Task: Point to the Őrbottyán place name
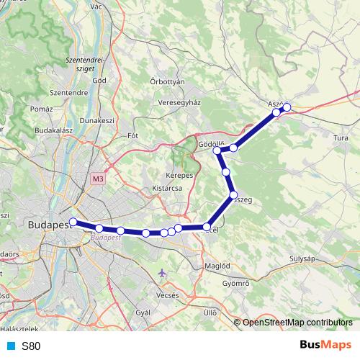(x=168, y=81)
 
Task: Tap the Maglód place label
(x=217, y=265)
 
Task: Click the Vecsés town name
(x=166, y=295)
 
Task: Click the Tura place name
(x=341, y=138)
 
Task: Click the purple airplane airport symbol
(x=162, y=274)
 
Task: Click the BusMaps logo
(x=325, y=345)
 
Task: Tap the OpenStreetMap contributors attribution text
(x=297, y=323)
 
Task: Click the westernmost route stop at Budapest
(x=73, y=222)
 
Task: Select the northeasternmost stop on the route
(x=287, y=107)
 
